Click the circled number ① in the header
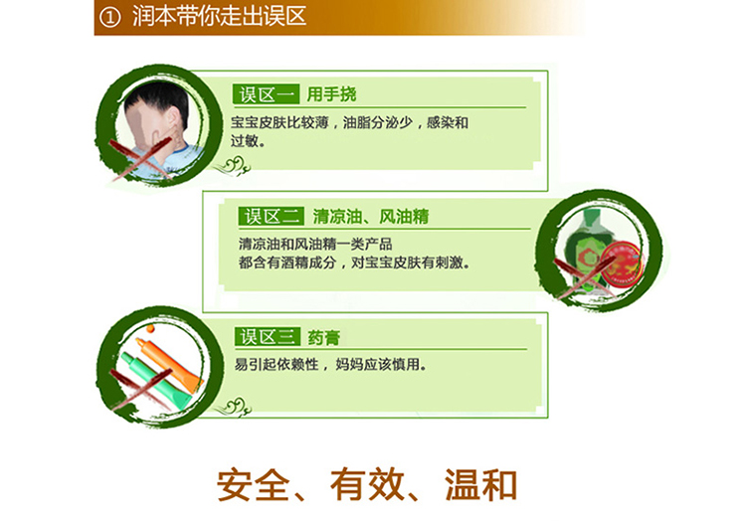(109, 18)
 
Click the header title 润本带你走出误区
(219, 17)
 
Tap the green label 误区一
(266, 94)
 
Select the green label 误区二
(272, 217)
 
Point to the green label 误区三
(268, 336)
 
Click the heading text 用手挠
(331, 94)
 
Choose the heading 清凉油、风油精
(371, 217)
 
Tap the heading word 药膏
(323, 337)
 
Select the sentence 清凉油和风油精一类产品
(315, 245)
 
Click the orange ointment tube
(169, 365)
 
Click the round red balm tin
(621, 263)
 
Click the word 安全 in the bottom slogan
(253, 485)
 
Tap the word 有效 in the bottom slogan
(367, 485)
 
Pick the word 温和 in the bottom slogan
(480, 485)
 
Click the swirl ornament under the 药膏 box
(233, 408)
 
